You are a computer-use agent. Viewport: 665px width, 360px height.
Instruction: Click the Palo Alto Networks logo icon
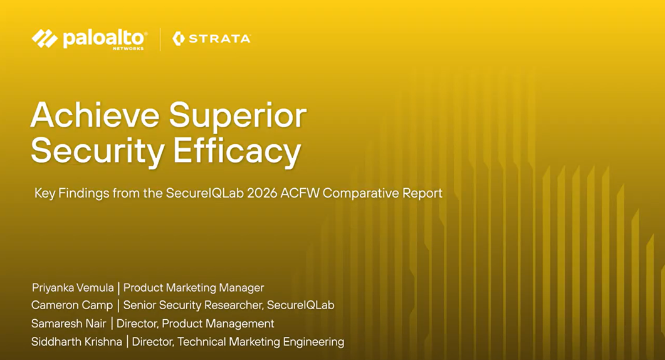coord(45,39)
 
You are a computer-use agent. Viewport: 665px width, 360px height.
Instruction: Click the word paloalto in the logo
coord(104,38)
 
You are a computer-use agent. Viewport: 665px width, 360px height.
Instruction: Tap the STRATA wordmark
coord(220,39)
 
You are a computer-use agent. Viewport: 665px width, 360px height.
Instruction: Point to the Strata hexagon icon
coord(178,39)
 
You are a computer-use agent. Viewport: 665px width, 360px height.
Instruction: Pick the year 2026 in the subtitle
coord(262,193)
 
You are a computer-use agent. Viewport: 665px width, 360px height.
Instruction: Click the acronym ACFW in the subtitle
coord(300,193)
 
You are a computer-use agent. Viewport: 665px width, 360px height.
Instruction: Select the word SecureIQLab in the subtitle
coord(205,193)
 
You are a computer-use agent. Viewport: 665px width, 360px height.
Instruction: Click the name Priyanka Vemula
coord(73,288)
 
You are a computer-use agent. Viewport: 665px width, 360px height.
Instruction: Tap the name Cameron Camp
coord(72,305)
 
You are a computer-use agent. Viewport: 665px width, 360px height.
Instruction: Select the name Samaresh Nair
coord(69,324)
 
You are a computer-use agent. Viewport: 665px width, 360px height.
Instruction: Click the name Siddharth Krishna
coord(76,342)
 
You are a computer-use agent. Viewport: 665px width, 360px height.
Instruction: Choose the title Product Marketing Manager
coord(194,288)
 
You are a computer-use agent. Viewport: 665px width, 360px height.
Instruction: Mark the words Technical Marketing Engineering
coord(261,342)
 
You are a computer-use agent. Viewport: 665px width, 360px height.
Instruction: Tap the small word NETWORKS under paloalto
coord(128,49)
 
